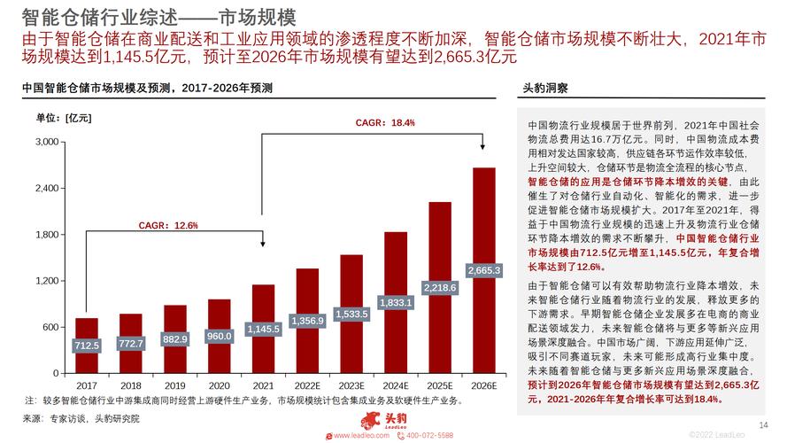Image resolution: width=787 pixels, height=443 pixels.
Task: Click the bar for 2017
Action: pyautogui.click(x=87, y=346)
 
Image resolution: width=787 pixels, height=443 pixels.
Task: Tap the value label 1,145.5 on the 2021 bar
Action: pyautogui.click(x=263, y=329)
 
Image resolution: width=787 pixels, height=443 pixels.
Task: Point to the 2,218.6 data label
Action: pyautogui.click(x=440, y=288)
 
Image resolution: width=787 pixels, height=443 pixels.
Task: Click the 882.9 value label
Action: pyautogui.click(x=174, y=339)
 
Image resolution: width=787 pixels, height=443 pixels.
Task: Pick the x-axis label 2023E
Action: pyautogui.click(x=351, y=386)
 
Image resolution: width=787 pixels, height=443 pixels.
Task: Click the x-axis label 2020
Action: pyautogui.click(x=219, y=386)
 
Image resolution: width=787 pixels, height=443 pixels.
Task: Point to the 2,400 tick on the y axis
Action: pyautogui.click(x=46, y=189)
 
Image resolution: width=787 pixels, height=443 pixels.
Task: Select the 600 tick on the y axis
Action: pyautogui.click(x=51, y=327)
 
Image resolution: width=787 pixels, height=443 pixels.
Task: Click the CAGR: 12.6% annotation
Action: pyautogui.click(x=168, y=225)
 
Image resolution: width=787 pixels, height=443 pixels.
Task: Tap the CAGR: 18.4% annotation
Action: pyautogui.click(x=385, y=122)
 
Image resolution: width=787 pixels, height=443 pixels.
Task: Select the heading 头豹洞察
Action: pyautogui.click(x=546, y=89)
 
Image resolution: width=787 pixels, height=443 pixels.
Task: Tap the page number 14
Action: pyautogui.click(x=764, y=423)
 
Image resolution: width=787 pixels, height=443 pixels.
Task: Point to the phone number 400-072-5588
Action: pyautogui.click(x=429, y=436)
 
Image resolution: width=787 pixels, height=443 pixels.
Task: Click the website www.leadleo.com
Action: pyautogui.click(x=360, y=436)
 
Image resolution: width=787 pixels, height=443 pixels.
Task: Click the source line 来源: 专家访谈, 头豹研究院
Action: pyautogui.click(x=81, y=418)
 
